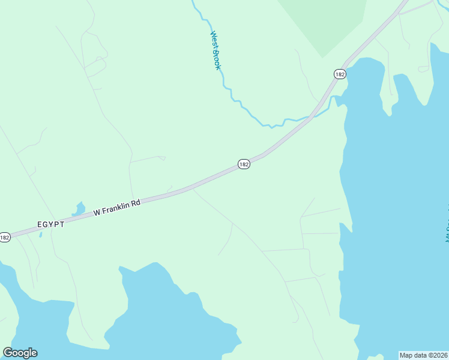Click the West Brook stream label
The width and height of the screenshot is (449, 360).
pyautogui.click(x=215, y=50)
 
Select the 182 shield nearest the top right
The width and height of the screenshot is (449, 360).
pyautogui.click(x=340, y=74)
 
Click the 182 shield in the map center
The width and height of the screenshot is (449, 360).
pyautogui.click(x=243, y=164)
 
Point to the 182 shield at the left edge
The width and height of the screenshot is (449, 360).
pyautogui.click(x=5, y=237)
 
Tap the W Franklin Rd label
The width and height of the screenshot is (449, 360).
pyautogui.click(x=116, y=208)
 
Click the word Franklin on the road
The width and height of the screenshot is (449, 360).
pyautogui.click(x=115, y=208)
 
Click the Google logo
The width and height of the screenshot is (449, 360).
pyautogui.click(x=20, y=353)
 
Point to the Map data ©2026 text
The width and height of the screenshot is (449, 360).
pyautogui.click(x=423, y=355)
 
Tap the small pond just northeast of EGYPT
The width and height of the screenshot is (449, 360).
pyautogui.click(x=79, y=209)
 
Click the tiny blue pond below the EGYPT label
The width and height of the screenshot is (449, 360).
pyautogui.click(x=40, y=234)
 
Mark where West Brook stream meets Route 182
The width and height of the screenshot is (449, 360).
pyautogui.click(x=312, y=116)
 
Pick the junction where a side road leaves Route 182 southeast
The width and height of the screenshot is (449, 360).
pyautogui.click(x=192, y=188)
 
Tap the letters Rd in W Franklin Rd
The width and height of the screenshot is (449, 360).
pyautogui.click(x=136, y=203)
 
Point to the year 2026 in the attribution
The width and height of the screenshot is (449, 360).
pyautogui.click(x=440, y=355)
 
